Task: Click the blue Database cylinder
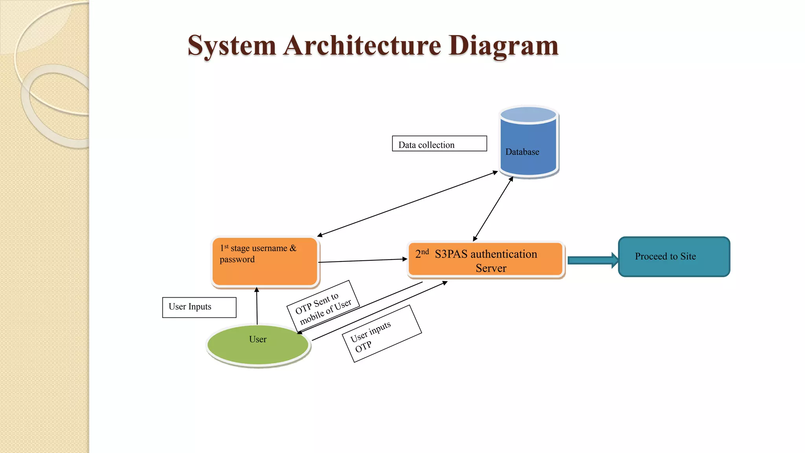tap(529, 145)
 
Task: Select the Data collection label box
tap(439, 144)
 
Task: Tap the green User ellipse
tap(258, 345)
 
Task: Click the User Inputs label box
tap(199, 307)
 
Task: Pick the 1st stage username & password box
tap(265, 261)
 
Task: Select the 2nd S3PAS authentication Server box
tap(486, 260)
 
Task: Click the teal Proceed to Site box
tap(674, 257)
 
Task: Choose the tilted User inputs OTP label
tap(381, 333)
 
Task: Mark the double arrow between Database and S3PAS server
tap(493, 209)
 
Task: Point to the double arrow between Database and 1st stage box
tap(407, 203)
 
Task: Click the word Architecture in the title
tap(362, 46)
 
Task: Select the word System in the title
tap(232, 46)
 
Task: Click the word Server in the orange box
tap(491, 268)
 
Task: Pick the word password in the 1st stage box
tap(237, 260)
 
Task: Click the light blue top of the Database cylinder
tap(529, 114)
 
